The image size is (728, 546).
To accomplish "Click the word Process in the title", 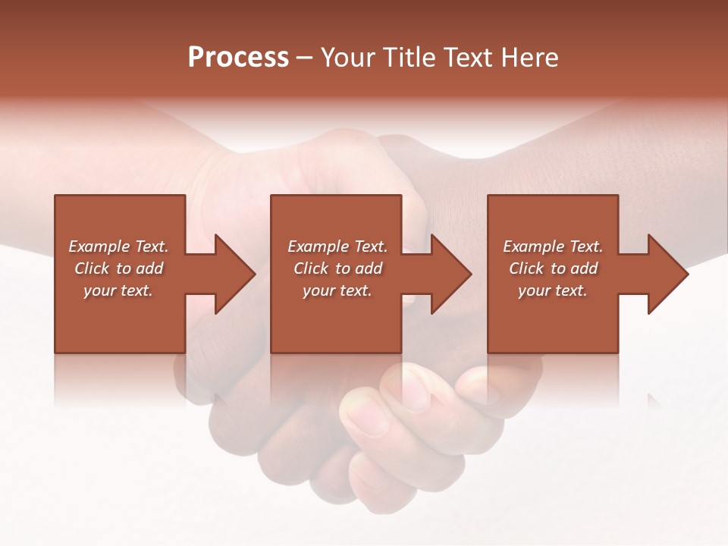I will pos(238,58).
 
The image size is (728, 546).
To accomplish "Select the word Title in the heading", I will pos(411,58).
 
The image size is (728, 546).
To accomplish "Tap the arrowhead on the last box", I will pos(667,274).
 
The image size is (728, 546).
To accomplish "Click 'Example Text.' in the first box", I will pos(118,246).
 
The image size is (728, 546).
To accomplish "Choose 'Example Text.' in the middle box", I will pos(337,246).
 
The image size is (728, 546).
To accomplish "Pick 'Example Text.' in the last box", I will pos(553,246).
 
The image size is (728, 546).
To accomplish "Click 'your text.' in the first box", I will pos(118,290).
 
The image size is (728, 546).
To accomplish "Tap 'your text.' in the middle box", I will pos(337,290).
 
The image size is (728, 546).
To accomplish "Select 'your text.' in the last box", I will pos(553,290).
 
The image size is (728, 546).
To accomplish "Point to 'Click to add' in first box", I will pos(118,268).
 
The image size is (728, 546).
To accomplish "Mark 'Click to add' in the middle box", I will pos(337,268).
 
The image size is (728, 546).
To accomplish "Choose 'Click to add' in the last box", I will pos(553,268).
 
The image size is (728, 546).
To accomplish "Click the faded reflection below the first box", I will pos(120,379).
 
